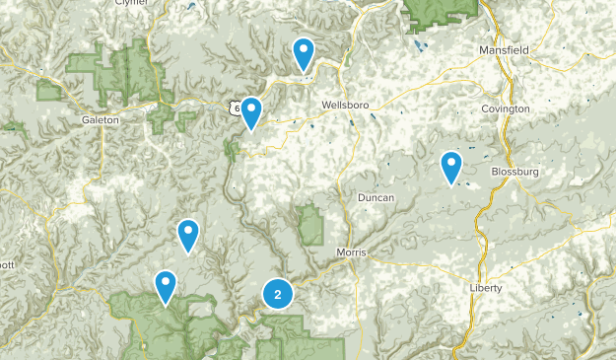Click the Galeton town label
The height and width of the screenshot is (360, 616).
(101, 119)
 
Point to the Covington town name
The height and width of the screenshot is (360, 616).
(506, 108)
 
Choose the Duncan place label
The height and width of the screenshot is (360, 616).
(376, 197)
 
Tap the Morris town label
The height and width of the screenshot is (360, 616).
(351, 252)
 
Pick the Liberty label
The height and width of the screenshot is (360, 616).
(486, 287)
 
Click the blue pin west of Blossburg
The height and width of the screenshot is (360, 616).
(451, 167)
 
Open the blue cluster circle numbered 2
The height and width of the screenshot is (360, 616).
(278, 294)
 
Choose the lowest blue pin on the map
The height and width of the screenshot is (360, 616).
(166, 286)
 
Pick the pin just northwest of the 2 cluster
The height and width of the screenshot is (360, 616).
(187, 236)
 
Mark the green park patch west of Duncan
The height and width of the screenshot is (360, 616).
(312, 225)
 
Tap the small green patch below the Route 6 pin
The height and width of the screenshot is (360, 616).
(233, 149)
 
